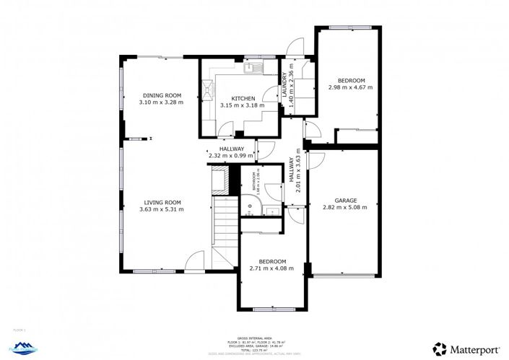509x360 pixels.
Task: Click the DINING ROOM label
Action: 161,95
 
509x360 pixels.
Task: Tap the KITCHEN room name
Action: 243,98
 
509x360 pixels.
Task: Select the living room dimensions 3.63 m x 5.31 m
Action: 161,210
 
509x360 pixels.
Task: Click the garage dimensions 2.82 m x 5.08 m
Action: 344,208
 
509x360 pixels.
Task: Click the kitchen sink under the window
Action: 253,69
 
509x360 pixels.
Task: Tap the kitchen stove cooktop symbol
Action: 208,89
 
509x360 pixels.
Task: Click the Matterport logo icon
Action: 439,348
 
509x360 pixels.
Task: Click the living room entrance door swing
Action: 195,261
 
